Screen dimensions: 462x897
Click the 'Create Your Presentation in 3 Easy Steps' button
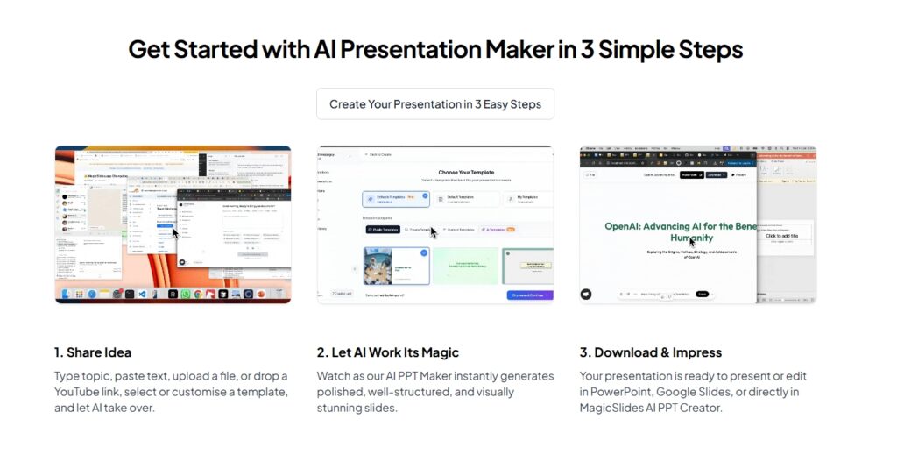tap(435, 103)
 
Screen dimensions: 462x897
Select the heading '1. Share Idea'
tap(93, 352)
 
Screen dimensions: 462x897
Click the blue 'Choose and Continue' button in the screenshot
tap(529, 295)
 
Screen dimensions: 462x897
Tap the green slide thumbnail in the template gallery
tap(465, 266)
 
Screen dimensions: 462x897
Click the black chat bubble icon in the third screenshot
tap(586, 295)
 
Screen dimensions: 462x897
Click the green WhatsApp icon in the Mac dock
tap(185, 295)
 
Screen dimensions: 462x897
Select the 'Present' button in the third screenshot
tap(738, 174)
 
